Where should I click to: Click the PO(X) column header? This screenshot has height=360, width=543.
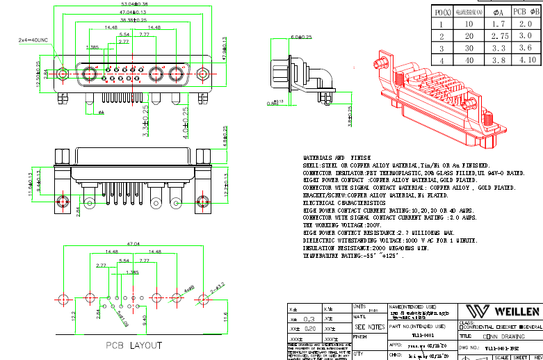(x=443, y=11)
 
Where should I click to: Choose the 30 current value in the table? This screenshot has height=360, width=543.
(x=469, y=48)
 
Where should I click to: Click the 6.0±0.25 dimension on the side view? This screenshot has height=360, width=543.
(x=301, y=36)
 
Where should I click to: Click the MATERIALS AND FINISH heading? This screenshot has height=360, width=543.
(x=337, y=158)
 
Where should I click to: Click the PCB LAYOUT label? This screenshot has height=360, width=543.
(x=133, y=345)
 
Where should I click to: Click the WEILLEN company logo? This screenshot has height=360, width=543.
(x=503, y=311)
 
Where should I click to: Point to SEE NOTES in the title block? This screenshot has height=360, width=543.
(x=369, y=327)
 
